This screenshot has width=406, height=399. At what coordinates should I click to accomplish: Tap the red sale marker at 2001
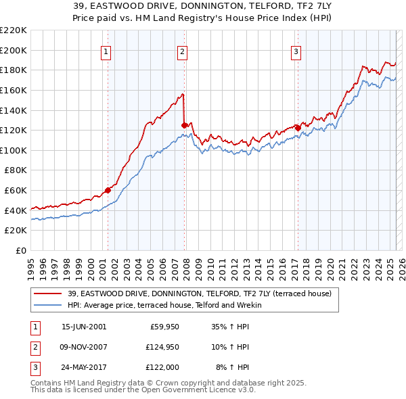108,190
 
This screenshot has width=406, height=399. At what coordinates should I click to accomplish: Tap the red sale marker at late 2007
184,124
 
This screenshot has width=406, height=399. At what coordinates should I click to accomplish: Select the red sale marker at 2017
298,127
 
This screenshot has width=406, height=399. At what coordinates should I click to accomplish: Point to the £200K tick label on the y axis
14,50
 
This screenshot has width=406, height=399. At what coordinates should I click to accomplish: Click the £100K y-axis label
14,150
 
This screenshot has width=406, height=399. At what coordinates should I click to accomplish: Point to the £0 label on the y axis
21,250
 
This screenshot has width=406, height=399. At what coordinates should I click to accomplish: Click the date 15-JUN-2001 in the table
84,327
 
